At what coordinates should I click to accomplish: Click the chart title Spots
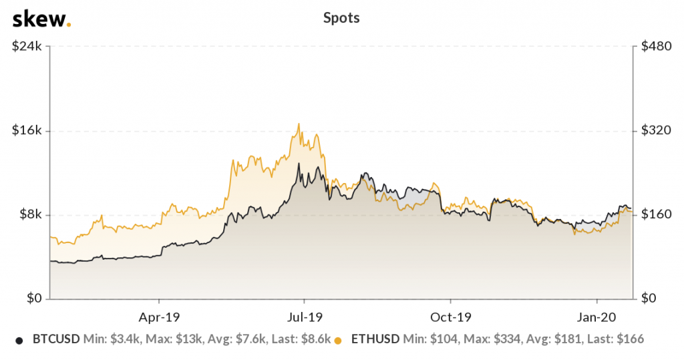coord(341,18)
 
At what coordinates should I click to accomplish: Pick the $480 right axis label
coord(654,47)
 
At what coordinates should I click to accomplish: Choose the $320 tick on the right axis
coord(654,130)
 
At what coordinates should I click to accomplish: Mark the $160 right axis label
coord(654,214)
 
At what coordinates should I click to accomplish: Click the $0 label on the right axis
coord(647,299)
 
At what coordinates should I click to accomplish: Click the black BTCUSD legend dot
coord(19,340)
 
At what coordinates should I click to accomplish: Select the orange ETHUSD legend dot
coord(339,340)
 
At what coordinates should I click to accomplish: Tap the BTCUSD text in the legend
coord(56,339)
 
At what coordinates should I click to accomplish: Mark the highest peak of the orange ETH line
coord(299,124)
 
